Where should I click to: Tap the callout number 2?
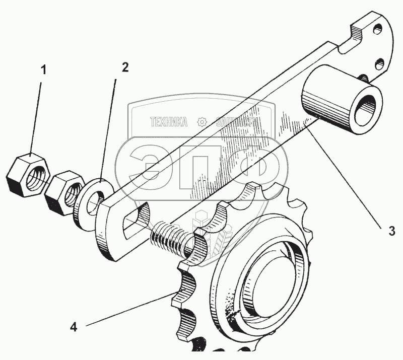click(124, 67)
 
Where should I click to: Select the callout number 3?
click(391, 231)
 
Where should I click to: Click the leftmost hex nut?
click(28, 176)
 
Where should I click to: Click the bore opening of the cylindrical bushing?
click(366, 108)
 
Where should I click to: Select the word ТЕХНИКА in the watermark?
click(169, 122)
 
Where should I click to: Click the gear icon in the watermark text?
click(201, 122)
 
